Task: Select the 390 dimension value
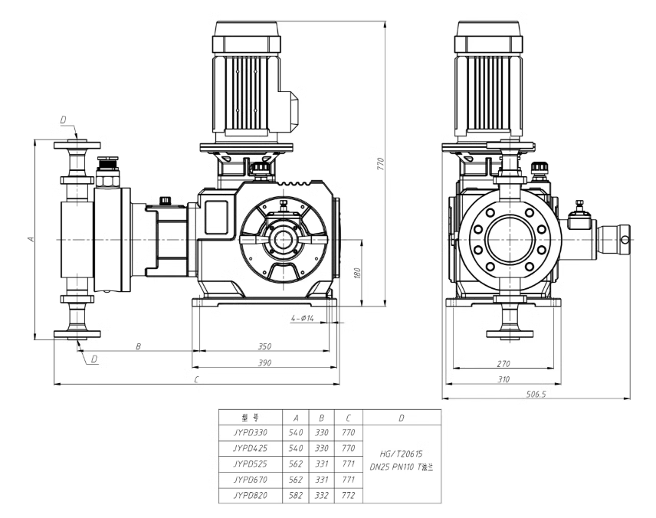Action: click(x=264, y=362)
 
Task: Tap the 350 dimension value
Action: click(x=264, y=346)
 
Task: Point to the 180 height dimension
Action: click(x=358, y=274)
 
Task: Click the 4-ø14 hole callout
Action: click(x=302, y=317)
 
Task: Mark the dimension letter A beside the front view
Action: click(x=30, y=239)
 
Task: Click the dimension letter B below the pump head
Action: click(x=139, y=346)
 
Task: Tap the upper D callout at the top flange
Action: click(x=64, y=120)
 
